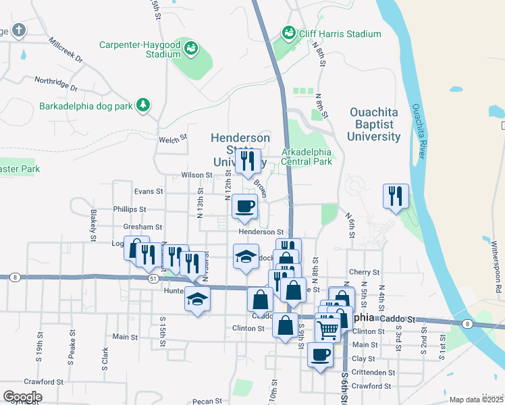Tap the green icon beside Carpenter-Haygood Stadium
pos(192,47)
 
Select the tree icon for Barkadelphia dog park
pos(142,105)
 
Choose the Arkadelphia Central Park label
pos(307,157)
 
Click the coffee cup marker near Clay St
pos(320,353)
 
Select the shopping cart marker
pos(327,329)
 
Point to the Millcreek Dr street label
pos(65,49)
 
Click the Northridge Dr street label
pos(57,83)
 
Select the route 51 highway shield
pos(153,277)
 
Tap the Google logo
pos(22,396)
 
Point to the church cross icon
pos(18,30)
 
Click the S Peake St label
pos(70,351)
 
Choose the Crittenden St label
pos(373,373)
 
